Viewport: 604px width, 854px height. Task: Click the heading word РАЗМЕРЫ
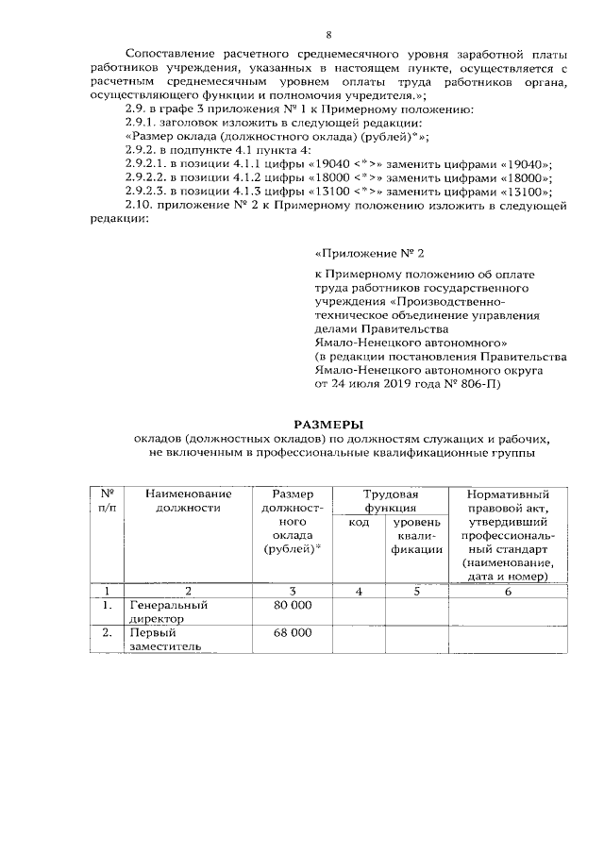click(327, 423)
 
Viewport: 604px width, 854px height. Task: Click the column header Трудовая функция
click(391, 501)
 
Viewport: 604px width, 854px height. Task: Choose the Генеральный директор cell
click(167, 612)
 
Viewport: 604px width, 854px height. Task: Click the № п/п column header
click(107, 501)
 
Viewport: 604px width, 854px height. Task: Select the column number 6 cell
click(508, 591)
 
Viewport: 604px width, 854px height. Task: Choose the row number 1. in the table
click(107, 606)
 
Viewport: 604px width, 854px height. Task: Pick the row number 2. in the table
click(107, 633)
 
